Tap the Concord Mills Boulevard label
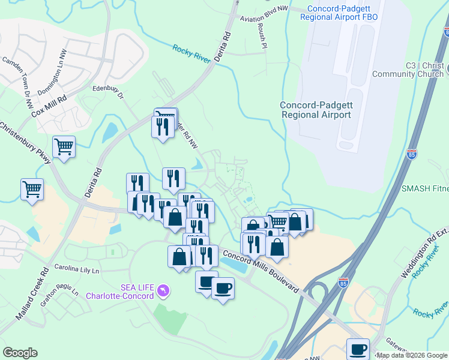(261, 271)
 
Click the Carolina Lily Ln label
(76, 268)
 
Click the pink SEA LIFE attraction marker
(162, 292)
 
